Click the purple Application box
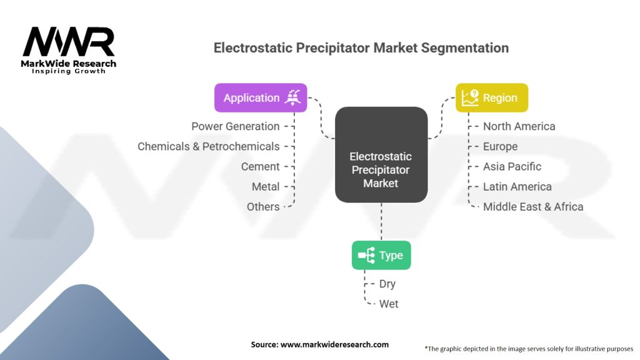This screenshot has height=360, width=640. (261, 98)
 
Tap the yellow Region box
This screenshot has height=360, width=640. (492, 98)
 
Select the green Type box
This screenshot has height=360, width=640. (381, 255)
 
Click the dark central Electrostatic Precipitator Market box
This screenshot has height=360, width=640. (381, 155)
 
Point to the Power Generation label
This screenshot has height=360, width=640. (236, 126)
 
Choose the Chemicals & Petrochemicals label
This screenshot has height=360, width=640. (209, 146)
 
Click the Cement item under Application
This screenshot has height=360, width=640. (261, 166)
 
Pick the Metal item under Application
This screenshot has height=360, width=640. (266, 186)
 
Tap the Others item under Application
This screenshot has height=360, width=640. (263, 207)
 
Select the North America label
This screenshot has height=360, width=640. (519, 126)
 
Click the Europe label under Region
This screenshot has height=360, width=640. (501, 146)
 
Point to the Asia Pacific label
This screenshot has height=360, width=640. (512, 166)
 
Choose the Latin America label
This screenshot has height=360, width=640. (517, 186)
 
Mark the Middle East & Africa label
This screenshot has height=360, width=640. (533, 207)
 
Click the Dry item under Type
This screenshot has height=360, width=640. (387, 284)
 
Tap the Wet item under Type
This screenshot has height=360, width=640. (389, 304)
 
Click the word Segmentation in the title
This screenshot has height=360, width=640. (465, 47)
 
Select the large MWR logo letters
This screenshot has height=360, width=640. (69, 42)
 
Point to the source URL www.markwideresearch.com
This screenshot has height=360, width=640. (335, 344)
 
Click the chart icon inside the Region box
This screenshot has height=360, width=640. (470, 98)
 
